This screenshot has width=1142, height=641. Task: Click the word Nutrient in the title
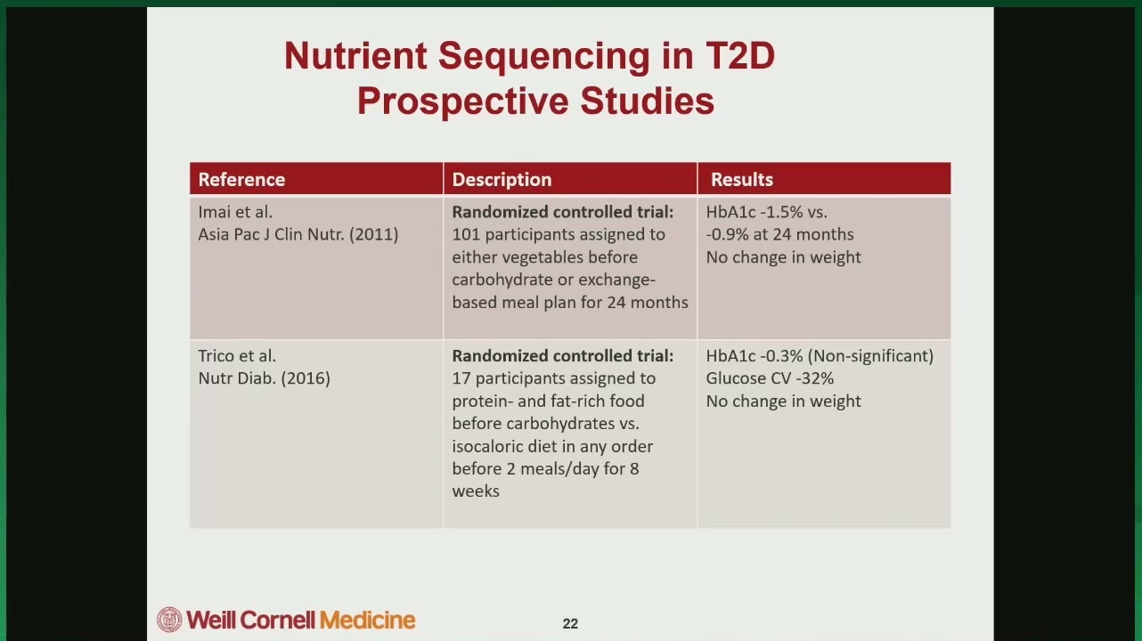tap(355, 55)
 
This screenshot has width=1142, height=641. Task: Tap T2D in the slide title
tap(740, 55)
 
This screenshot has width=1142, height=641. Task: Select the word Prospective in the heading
tap(462, 101)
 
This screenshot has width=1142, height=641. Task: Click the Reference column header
tap(241, 179)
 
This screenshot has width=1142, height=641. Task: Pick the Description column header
tap(502, 179)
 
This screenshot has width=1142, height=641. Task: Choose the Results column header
tap(742, 179)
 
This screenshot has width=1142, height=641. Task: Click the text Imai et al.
tap(235, 212)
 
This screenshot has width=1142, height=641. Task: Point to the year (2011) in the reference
tap(374, 234)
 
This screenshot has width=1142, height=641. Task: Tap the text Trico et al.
tap(237, 355)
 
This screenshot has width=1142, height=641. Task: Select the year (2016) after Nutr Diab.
tap(306, 378)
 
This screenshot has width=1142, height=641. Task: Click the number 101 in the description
tap(466, 234)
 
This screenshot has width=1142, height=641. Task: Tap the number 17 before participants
tap(461, 378)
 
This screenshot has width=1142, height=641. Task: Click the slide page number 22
tap(570, 624)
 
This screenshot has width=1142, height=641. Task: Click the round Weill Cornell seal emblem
tap(169, 620)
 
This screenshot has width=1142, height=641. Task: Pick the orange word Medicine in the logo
tap(368, 621)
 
